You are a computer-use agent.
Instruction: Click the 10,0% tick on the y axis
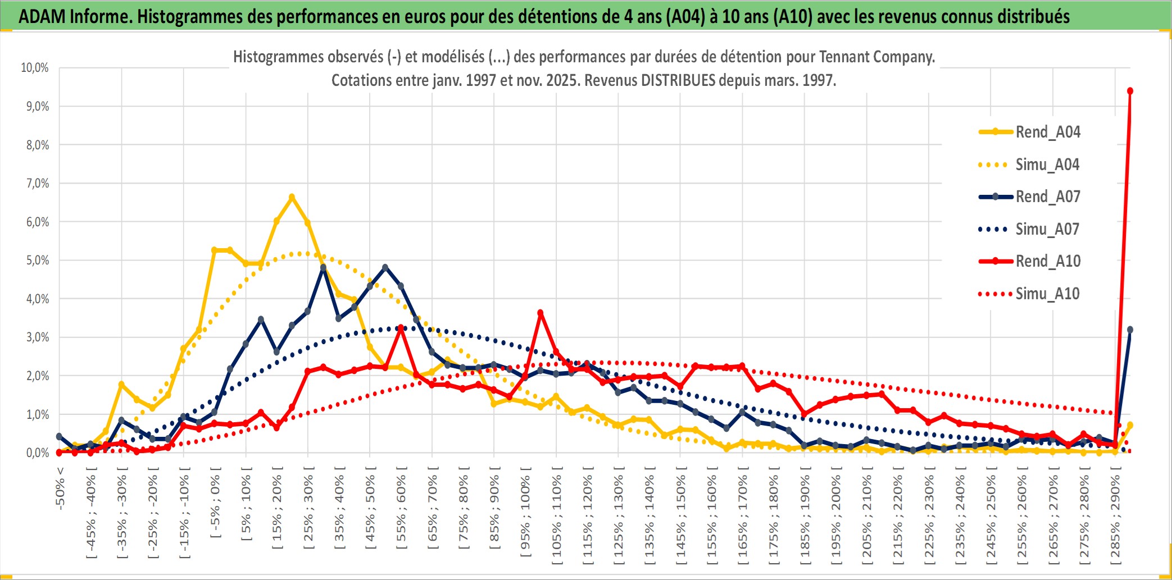tap(35, 68)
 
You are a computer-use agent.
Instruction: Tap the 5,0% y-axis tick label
tap(37, 261)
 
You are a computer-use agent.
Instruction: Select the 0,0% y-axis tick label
tap(37, 453)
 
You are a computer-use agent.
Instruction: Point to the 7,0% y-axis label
tap(37, 184)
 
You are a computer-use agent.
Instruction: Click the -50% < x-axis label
tap(60, 488)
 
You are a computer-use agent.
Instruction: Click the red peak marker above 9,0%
tap(1130, 91)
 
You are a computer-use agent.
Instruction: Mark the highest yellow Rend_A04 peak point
tap(292, 197)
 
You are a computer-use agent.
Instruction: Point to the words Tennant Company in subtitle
tap(876, 57)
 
